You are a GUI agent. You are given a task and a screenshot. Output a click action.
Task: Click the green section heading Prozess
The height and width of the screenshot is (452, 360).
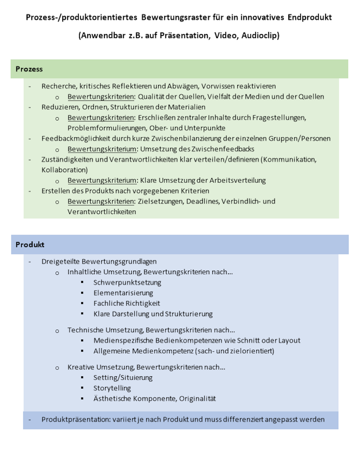point(29,69)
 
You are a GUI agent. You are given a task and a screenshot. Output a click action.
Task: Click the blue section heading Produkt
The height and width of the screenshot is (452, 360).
point(30,244)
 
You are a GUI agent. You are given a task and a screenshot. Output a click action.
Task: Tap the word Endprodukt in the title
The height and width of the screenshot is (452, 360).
point(310,17)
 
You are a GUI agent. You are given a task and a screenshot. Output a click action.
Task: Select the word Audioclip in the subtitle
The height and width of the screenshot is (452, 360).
point(260,35)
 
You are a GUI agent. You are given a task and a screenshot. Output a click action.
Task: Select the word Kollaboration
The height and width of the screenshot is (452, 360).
point(64,170)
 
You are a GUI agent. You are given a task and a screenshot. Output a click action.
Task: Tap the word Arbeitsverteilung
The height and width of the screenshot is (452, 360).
point(238,180)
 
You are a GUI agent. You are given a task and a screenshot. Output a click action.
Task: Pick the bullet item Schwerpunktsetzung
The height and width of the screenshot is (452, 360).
point(127,283)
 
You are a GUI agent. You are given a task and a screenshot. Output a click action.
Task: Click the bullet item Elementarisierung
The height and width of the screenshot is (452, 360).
point(123,293)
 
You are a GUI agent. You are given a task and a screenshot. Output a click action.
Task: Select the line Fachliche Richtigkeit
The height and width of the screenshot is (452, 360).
point(126,303)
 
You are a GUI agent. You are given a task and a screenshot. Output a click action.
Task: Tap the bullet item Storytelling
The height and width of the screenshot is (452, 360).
point(112,388)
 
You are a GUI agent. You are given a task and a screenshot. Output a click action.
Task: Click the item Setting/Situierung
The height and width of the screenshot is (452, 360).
point(123,378)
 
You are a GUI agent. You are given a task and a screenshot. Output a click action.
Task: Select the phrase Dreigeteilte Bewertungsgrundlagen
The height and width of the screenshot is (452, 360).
point(99,261)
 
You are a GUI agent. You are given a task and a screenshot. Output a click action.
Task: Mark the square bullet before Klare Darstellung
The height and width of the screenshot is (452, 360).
point(82,314)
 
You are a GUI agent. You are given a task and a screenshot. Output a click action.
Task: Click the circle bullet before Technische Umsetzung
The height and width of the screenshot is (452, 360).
point(57,331)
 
